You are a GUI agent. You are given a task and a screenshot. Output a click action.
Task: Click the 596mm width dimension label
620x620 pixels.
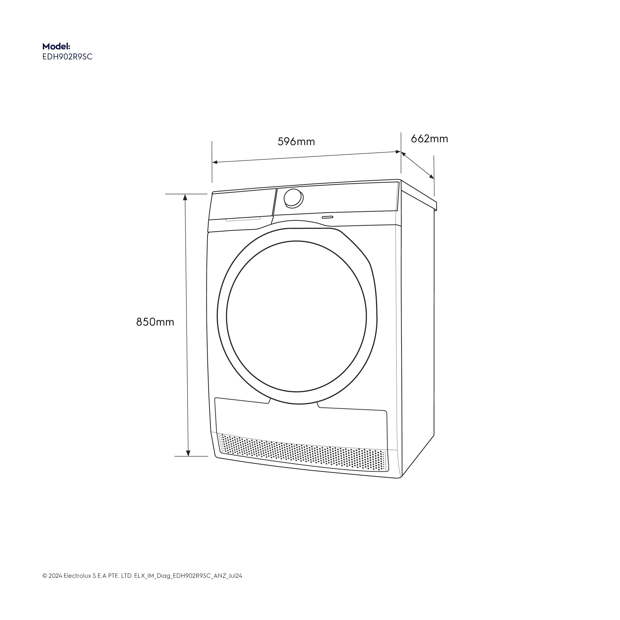pos(296,142)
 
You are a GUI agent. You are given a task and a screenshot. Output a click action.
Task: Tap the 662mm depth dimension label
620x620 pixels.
pos(429,139)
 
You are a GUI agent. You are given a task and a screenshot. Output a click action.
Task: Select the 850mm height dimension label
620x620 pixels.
pos(155,322)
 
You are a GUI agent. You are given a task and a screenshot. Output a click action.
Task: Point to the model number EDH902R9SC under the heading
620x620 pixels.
pos(67,57)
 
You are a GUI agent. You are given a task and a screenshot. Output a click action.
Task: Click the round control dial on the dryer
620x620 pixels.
pos(293,198)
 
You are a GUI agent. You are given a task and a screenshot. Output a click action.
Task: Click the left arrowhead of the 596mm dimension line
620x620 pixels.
pos(215,162)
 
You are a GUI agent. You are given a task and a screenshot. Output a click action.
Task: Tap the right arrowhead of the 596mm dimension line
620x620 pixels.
pos(398,152)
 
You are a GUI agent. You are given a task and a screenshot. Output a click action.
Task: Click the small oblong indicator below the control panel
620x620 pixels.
pos(328,217)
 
